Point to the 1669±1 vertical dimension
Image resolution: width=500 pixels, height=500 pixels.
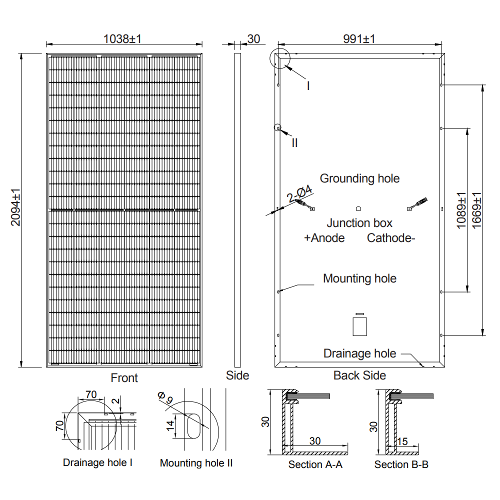476,210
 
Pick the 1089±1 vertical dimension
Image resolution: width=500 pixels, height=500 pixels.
461,210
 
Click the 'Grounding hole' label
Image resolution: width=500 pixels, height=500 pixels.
359,178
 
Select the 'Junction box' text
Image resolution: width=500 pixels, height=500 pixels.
359,223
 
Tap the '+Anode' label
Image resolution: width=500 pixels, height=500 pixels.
324,238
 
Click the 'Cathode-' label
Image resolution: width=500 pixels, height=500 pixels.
391,238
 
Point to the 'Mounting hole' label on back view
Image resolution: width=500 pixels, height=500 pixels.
359,278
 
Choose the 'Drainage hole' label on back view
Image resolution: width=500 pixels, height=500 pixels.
359,353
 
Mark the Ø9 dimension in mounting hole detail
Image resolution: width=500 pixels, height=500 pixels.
165,398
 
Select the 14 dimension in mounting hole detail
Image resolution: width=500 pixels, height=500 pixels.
170,425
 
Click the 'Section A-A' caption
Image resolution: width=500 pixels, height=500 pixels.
315,464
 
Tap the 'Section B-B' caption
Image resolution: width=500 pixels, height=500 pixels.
401,464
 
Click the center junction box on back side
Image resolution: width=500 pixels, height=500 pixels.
358,208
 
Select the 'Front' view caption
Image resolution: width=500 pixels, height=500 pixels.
124,378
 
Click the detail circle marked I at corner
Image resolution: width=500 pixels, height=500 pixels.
279,58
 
